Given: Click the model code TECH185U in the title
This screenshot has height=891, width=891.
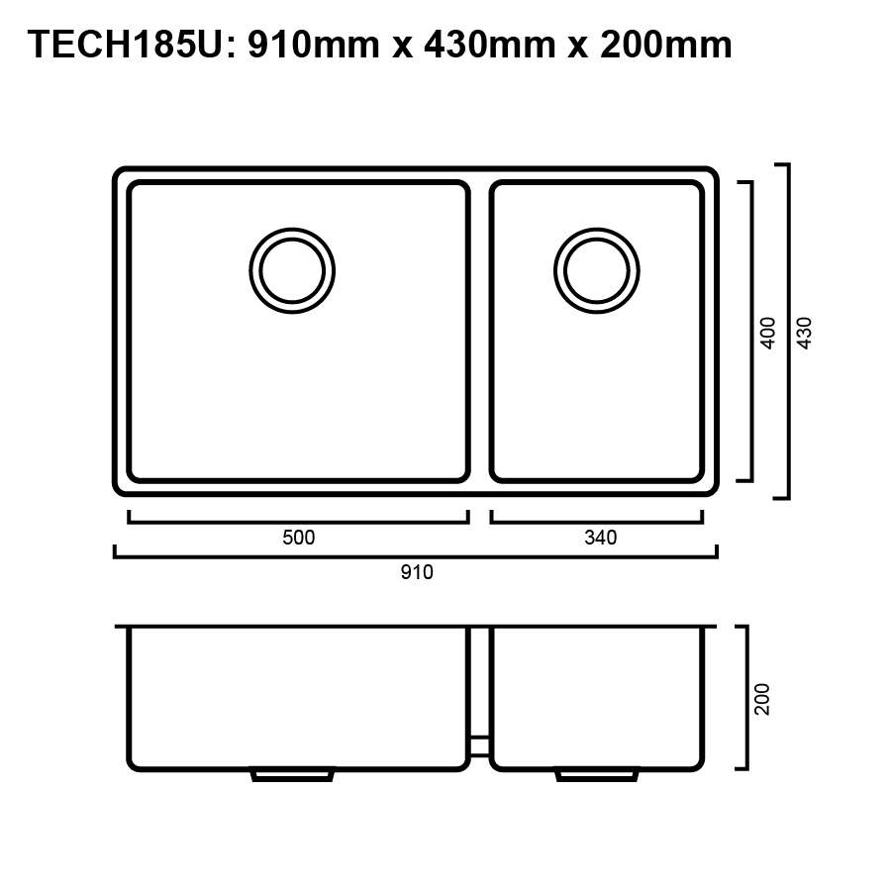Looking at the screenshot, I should point(124,45).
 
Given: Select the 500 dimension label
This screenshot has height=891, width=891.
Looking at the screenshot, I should point(298,538).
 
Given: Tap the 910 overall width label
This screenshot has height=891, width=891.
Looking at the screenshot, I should point(417,572).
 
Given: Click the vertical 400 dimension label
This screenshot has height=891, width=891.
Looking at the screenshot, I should point(768,333).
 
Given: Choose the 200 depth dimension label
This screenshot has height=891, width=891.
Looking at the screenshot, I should point(762,699).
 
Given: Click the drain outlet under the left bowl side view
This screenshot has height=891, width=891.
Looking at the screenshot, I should point(292,775).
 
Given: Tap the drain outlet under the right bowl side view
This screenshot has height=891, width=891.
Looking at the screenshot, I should point(597,775).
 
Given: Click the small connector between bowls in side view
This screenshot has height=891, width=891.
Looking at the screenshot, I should point(479,741).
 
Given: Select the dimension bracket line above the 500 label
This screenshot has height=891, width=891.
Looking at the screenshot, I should point(298,520).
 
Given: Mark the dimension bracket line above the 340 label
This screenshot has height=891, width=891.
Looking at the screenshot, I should point(597,520).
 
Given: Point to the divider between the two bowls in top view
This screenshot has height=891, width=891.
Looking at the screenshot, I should point(479,332).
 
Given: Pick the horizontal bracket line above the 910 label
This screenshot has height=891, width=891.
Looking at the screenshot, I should point(416,556).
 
